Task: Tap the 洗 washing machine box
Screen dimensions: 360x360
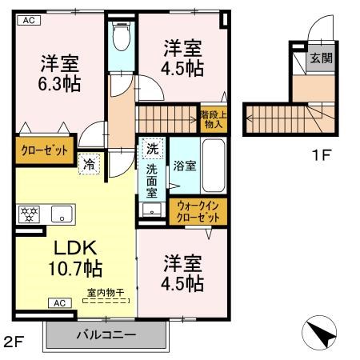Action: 152,149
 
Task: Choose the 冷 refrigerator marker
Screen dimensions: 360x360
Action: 90,164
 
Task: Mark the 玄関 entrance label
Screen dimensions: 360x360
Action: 322,58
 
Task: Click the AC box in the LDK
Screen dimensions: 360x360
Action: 60,303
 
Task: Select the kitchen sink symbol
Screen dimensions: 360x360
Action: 62,214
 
